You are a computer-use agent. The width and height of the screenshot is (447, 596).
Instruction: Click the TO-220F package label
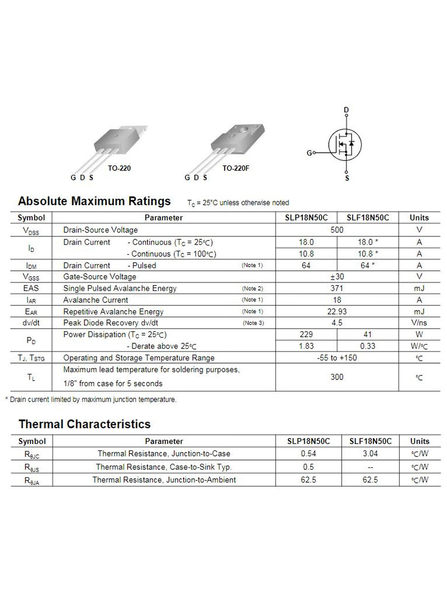(x=235, y=168)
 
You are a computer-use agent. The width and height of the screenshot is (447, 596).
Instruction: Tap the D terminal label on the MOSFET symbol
(x=346, y=110)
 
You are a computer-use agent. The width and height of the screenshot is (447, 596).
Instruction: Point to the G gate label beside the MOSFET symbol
(x=309, y=153)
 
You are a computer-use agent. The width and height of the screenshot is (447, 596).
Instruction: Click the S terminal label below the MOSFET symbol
(x=347, y=178)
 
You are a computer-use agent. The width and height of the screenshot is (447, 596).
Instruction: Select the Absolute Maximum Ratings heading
(x=94, y=201)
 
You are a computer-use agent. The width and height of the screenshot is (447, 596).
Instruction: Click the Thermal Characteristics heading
(x=84, y=424)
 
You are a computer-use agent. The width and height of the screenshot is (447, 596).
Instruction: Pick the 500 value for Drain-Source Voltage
(x=337, y=230)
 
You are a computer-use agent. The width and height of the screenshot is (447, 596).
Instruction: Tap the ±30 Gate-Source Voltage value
(x=337, y=277)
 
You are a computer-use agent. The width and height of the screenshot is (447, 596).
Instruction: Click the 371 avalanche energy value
(x=337, y=288)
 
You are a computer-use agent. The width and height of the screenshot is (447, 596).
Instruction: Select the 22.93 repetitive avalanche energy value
(x=337, y=311)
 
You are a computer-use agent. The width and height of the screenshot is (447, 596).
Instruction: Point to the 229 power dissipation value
(x=306, y=334)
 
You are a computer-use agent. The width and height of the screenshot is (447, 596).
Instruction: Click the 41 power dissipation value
(x=368, y=334)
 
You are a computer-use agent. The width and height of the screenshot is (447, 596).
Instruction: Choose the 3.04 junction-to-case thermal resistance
(x=370, y=453)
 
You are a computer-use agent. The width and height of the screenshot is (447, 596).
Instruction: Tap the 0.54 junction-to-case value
(x=308, y=453)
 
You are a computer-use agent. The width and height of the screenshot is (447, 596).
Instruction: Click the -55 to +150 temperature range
(x=337, y=358)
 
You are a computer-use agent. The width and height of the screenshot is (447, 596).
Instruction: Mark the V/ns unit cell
(x=419, y=323)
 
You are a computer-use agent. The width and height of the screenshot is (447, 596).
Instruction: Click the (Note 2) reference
(x=252, y=288)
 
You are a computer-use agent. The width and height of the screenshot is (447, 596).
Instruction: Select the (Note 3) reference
(x=253, y=323)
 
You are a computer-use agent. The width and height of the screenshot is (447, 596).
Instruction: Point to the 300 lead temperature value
(x=337, y=377)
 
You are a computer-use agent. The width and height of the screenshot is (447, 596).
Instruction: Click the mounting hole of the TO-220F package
(x=244, y=130)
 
